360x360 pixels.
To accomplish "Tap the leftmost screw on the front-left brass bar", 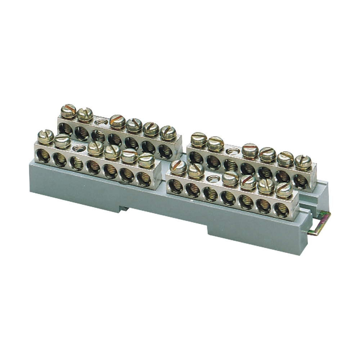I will tap(46, 137).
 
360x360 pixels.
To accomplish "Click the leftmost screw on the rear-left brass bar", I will tap(68, 111).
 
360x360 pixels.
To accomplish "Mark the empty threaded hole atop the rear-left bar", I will tap(103, 122).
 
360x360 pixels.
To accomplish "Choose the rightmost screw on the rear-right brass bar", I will tap(303, 162).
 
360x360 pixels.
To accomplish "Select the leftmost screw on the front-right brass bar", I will tap(179, 167).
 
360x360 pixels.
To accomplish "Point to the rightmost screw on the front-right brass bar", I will tap(284, 190).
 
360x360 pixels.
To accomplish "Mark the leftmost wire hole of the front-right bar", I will tap(175, 186).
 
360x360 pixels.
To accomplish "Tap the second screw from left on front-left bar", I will tap(62, 141).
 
